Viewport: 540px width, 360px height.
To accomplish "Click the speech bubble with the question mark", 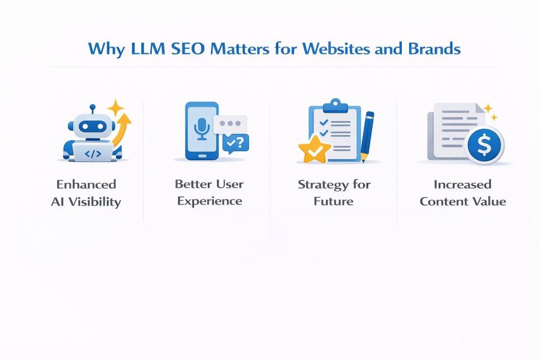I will [236, 142].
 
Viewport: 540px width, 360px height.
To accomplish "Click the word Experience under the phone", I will [209, 201].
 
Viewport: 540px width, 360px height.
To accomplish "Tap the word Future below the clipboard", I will [334, 201].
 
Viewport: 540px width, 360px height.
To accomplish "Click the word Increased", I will [462, 184].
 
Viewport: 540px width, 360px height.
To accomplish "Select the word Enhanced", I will [86, 184].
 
